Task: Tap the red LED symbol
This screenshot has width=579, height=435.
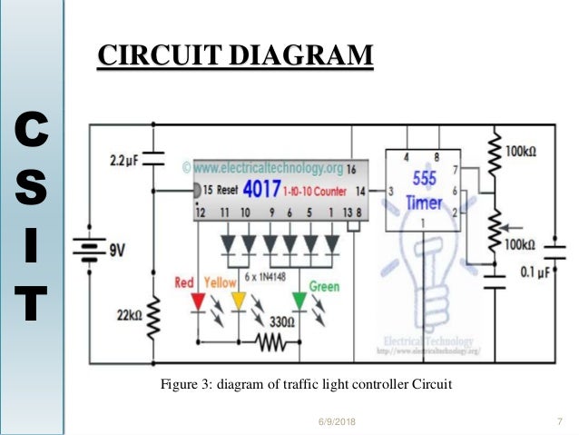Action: (197, 301)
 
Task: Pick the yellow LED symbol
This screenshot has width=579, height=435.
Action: (238, 301)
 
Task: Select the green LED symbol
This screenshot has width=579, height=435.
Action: (299, 301)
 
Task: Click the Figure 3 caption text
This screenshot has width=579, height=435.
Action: (306, 384)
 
